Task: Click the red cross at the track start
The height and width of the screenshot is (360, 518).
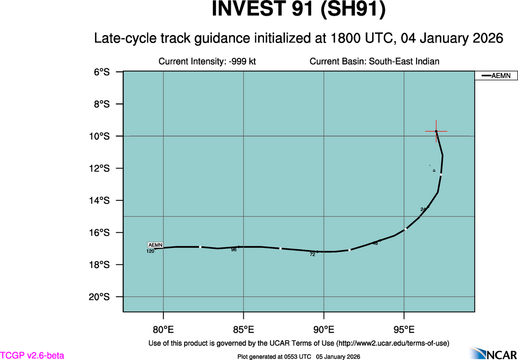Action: tap(436, 132)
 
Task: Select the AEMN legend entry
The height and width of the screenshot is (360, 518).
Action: tap(496, 76)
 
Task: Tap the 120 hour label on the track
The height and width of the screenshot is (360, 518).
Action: tap(150, 252)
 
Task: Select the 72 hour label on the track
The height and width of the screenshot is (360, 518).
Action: tap(313, 254)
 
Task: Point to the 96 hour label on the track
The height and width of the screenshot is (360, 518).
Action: tap(234, 250)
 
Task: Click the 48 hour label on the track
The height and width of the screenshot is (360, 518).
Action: tap(375, 243)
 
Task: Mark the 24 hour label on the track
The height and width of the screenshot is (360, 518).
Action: tap(423, 210)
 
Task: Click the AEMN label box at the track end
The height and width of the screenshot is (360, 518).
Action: tap(155, 245)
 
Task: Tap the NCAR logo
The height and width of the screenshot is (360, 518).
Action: tap(494, 353)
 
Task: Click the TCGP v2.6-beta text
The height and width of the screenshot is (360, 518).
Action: tap(32, 355)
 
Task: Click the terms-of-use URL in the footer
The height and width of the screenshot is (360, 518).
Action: tap(392, 343)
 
